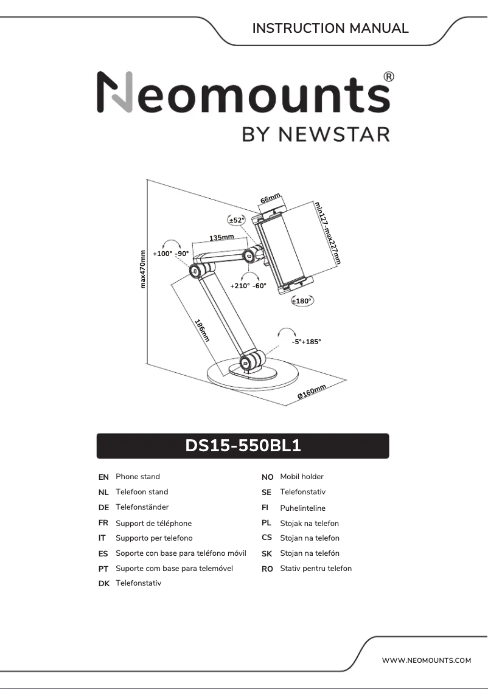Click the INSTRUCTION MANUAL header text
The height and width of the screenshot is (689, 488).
[330, 29]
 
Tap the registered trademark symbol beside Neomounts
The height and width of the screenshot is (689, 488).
[389, 77]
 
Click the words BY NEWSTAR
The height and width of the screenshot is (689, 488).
[316, 134]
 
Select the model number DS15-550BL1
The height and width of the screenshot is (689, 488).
[243, 446]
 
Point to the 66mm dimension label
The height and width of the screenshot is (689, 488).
[270, 199]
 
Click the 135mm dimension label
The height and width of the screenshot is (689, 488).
[221, 238]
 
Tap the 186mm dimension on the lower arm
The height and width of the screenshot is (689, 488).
[202, 330]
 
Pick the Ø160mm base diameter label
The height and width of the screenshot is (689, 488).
[312, 392]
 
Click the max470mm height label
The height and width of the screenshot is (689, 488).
[143, 269]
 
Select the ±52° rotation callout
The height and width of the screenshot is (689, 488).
[236, 220]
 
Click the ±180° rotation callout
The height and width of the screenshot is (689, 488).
[301, 300]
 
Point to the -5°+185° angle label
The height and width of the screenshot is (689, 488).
[306, 342]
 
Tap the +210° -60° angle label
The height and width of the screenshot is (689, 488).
[248, 285]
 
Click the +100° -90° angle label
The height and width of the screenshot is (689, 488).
[171, 254]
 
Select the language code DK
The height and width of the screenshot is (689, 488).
[103, 584]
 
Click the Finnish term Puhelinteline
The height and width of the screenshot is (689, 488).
[302, 508]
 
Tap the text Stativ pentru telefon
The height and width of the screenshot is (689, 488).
[316, 569]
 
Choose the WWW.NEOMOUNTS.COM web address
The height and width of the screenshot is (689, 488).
[427, 660]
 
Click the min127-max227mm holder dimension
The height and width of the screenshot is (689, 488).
[327, 232]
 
